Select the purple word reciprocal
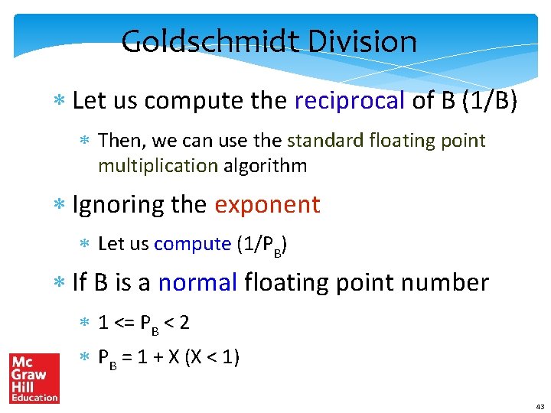click(350, 100)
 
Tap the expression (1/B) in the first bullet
click(490, 100)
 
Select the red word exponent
click(267, 204)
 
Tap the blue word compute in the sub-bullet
click(192, 244)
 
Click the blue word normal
click(198, 282)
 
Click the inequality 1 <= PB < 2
click(144, 323)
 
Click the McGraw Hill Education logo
click(34, 378)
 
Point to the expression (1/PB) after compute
click(262, 245)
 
